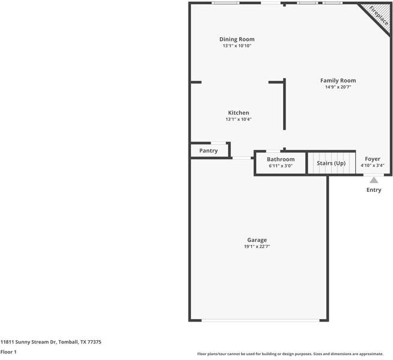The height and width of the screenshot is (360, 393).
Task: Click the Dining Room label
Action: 236,39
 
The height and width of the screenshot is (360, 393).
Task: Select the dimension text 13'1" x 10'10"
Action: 236,46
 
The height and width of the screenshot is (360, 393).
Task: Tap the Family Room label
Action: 338,80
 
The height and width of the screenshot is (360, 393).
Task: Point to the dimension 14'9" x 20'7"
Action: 338,87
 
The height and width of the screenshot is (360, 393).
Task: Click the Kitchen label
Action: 238,113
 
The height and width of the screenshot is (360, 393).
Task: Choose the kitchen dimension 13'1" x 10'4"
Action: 238,119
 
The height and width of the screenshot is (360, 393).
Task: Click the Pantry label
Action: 208,151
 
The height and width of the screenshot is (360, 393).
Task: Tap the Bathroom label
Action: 281,159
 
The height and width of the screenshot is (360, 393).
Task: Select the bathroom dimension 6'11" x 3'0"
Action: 281,166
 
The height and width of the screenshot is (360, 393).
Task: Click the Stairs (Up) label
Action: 331,163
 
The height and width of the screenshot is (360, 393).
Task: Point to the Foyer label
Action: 373,159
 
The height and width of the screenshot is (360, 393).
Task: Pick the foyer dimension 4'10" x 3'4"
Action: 373,166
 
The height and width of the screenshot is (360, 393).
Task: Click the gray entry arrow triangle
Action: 374,179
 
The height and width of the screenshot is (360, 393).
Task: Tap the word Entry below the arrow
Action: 374,190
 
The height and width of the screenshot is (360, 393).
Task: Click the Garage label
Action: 257,240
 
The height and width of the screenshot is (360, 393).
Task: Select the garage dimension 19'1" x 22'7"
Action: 257,247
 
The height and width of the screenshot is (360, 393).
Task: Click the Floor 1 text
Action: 8,352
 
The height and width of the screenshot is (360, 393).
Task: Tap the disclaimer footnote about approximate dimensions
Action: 294,354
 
